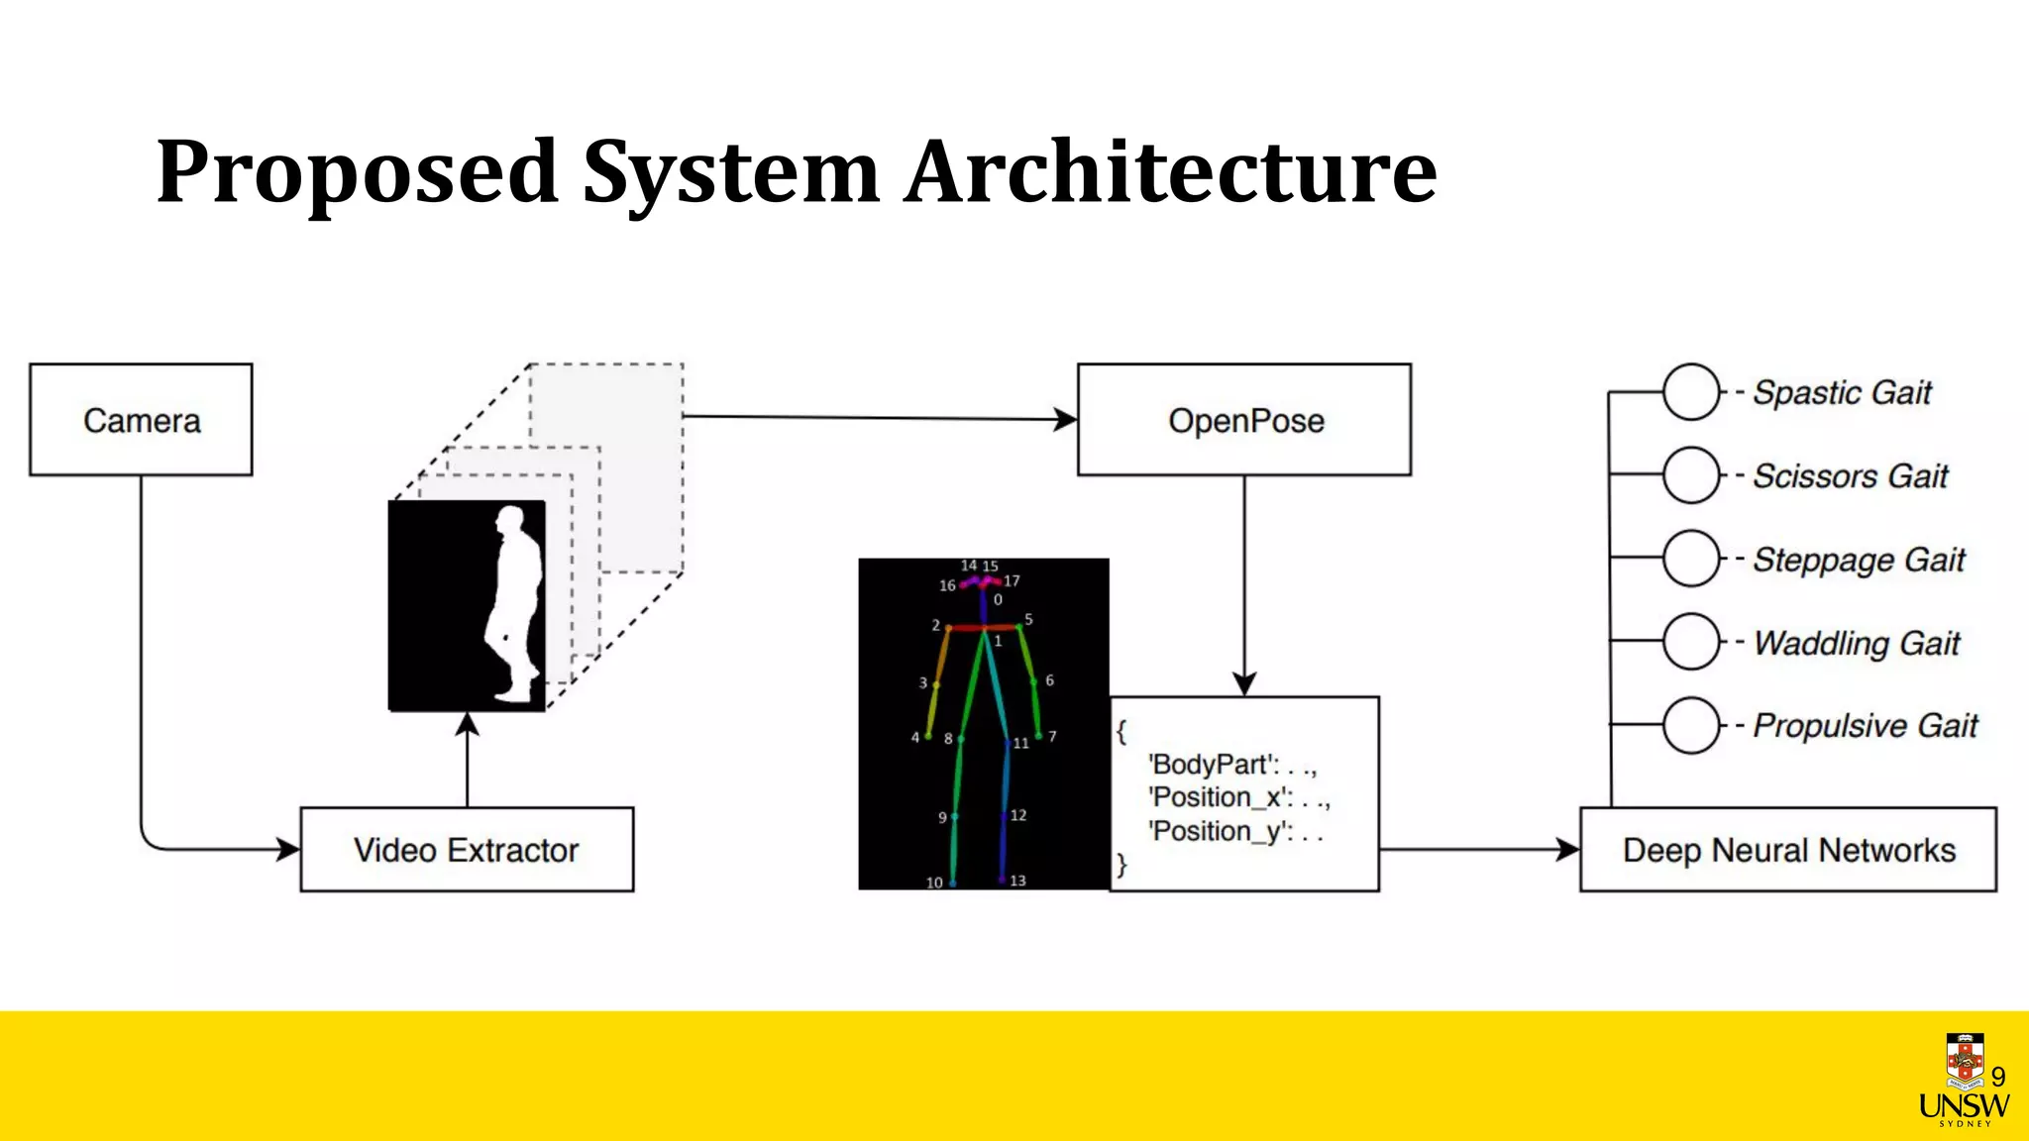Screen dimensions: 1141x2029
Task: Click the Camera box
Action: pyautogui.click(x=141, y=420)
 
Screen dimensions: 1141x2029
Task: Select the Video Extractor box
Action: pyautogui.click(x=467, y=850)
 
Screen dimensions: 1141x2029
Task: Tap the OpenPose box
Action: pyautogui.click(x=1244, y=420)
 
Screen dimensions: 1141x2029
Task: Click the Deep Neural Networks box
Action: pyautogui.click(x=1788, y=850)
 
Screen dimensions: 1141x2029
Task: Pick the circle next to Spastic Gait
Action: pyautogui.click(x=1690, y=392)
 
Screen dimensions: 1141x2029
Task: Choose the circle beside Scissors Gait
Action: pyautogui.click(x=1690, y=475)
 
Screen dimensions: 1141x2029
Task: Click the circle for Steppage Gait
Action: pyautogui.click(x=1690, y=559)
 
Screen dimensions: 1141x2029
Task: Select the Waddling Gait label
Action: pyautogui.click(x=1857, y=643)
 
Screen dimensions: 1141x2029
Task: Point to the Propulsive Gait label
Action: pyautogui.click(x=1865, y=726)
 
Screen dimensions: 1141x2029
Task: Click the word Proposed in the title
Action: pyautogui.click(x=357, y=173)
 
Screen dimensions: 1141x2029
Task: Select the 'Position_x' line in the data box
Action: pyautogui.click(x=1238, y=797)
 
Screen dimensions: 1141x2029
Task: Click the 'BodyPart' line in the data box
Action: pyautogui.click(x=1231, y=765)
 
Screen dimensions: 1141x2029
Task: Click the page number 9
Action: pyautogui.click(x=1998, y=1077)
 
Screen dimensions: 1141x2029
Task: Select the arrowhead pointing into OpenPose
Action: pyautogui.click(x=1066, y=420)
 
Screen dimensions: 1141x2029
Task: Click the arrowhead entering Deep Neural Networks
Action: pyautogui.click(x=1568, y=850)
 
